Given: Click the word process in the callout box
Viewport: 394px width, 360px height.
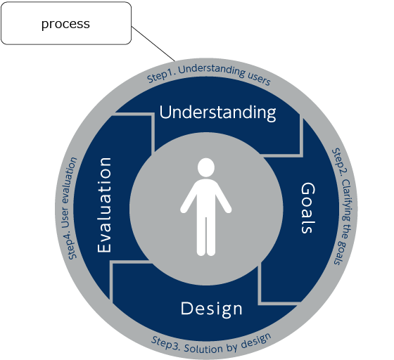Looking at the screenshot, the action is point(65,25).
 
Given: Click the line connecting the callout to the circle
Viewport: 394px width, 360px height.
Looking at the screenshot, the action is point(153,44).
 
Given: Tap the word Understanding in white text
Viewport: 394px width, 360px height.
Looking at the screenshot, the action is point(217,112).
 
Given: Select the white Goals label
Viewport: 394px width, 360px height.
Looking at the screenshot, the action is point(307,208).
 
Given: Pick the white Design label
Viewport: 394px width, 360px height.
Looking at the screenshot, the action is point(212,309).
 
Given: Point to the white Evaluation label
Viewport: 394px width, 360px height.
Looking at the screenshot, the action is point(104,205).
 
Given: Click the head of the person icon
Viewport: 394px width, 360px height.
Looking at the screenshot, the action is point(206,167).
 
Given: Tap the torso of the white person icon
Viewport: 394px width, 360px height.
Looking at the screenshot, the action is point(206,198).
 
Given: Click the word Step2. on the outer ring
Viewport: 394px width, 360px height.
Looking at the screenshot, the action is point(340,162).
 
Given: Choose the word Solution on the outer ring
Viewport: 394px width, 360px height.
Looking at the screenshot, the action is point(203,349).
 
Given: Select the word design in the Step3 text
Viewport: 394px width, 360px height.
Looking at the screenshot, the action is point(256,341).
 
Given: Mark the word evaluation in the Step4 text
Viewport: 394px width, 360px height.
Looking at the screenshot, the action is point(70,180).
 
